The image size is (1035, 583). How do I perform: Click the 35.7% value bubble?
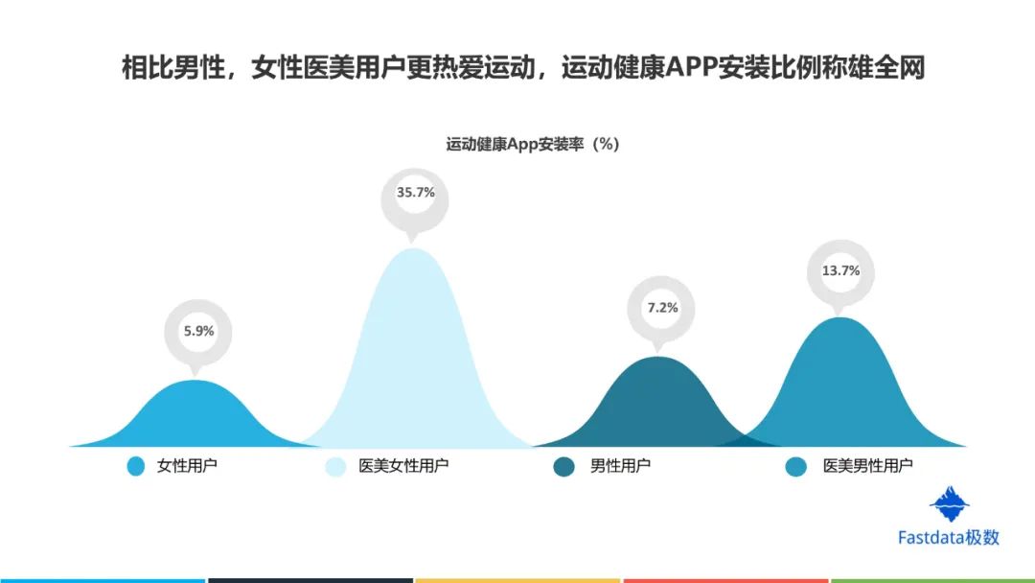coord(415,199)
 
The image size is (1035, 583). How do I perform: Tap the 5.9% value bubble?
coord(198,335)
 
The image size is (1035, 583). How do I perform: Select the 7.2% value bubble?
coord(661,311)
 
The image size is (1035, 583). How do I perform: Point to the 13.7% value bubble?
coord(841,273)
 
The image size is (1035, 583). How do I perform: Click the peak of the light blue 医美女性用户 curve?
coord(414,248)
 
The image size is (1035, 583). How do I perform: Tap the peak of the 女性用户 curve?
coord(195,381)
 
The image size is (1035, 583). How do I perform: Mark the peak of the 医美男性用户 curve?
coord(840,317)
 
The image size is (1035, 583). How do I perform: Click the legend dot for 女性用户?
coord(136,466)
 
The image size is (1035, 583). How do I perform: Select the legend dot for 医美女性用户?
coord(336,466)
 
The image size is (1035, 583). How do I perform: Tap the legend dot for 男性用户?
coord(563,466)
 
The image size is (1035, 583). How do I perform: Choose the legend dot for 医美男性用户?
coord(796,466)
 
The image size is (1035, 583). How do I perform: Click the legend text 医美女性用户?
coord(403,465)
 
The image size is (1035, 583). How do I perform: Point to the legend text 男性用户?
coord(620,465)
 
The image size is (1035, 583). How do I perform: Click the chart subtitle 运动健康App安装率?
coord(515,144)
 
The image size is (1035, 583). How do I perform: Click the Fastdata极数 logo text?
coord(949,537)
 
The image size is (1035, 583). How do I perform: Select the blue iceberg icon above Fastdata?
coord(949,504)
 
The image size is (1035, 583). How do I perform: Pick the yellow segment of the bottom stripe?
coord(517,581)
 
